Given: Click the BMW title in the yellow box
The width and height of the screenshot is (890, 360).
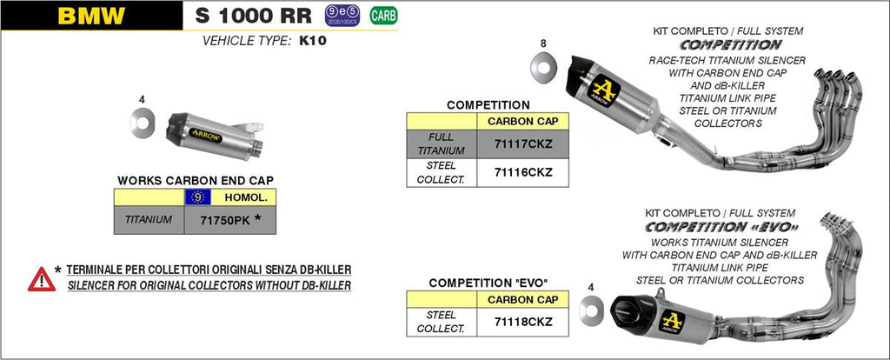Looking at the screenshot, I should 91,15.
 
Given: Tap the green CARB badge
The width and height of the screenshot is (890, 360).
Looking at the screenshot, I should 380,15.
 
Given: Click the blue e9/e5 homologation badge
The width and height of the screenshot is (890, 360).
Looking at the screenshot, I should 342,15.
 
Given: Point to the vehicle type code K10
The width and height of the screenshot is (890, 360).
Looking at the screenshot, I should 313,40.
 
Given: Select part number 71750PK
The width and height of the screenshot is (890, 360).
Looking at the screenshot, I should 224,220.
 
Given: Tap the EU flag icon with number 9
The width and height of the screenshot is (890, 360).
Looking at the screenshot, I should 199,197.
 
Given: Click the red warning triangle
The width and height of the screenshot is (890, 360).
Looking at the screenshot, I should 41,278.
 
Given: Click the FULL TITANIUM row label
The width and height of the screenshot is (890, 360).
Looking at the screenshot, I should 442,143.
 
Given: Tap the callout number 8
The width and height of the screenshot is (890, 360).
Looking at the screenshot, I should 543,43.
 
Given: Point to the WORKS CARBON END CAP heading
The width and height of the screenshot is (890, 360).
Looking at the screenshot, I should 195,180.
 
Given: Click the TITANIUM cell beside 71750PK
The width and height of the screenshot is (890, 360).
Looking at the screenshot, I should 149,220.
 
